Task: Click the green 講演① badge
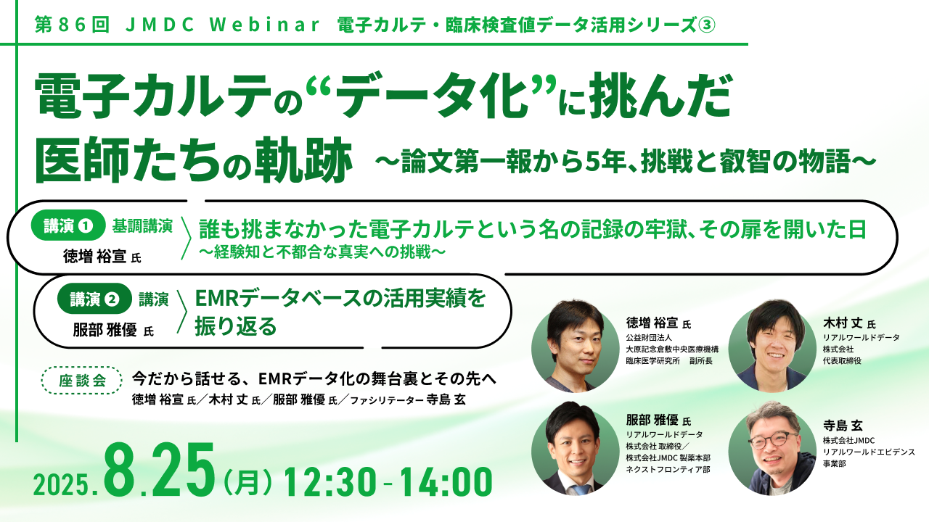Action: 68,225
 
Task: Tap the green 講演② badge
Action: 94,299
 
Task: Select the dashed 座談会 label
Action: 82,381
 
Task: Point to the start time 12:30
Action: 330,482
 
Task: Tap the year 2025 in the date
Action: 62,484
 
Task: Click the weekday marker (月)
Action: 247,483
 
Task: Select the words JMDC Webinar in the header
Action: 222,25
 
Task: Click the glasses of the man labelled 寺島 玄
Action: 773,440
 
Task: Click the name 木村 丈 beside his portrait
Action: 843,323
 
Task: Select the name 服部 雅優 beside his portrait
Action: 652,420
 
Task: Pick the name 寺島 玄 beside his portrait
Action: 843,426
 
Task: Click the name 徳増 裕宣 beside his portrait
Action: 652,323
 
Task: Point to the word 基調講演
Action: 142,226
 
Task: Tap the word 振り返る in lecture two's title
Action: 236,326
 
